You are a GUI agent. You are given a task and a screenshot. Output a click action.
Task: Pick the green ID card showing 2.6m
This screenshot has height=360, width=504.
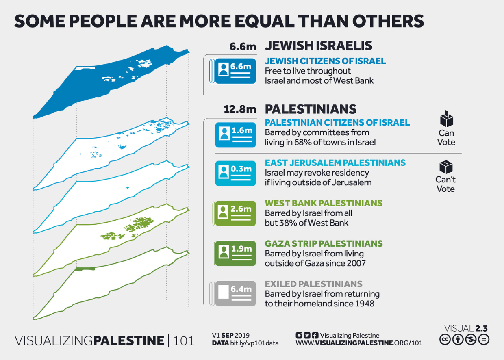(235, 213)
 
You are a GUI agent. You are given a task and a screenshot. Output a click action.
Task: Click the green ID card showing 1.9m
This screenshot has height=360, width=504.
(235, 254)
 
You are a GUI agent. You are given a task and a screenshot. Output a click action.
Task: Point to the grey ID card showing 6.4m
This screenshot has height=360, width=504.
(235, 293)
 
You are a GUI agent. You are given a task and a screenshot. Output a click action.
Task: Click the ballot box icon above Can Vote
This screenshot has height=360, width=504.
(446, 119)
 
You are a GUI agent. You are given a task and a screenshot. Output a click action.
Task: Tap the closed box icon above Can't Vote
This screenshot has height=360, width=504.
(446, 167)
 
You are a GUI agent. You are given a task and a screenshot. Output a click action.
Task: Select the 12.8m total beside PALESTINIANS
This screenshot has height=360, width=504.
(240, 109)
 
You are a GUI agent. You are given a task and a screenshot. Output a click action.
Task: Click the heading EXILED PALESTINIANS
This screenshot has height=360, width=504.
(313, 284)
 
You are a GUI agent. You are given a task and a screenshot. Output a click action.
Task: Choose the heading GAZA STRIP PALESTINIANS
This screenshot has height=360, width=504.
(324, 243)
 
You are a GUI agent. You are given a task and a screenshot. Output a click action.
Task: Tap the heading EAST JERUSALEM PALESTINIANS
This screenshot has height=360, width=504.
(335, 163)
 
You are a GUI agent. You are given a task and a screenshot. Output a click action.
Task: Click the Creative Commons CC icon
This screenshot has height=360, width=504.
(445, 339)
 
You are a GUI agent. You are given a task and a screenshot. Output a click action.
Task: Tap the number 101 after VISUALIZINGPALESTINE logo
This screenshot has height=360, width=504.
(184, 340)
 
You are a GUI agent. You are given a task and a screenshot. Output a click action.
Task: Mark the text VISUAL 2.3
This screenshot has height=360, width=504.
(466, 328)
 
